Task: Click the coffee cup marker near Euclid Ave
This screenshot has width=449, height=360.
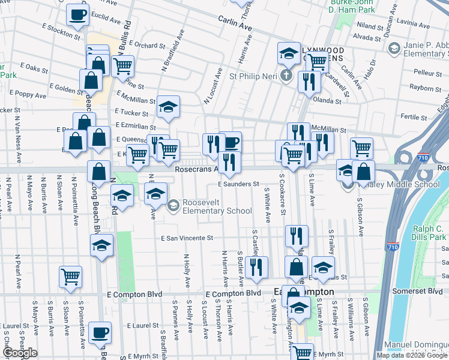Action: click(77, 15)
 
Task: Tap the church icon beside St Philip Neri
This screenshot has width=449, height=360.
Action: click(286, 76)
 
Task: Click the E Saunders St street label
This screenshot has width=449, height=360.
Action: click(238, 184)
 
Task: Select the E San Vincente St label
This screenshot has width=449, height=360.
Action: click(187, 238)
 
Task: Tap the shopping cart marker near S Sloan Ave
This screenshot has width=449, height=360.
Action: click(70, 277)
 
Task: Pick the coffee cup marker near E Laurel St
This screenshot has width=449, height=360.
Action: click(100, 332)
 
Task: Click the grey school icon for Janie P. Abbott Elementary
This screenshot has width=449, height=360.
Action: click(394, 47)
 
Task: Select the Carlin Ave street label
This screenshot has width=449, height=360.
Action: click(235, 26)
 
